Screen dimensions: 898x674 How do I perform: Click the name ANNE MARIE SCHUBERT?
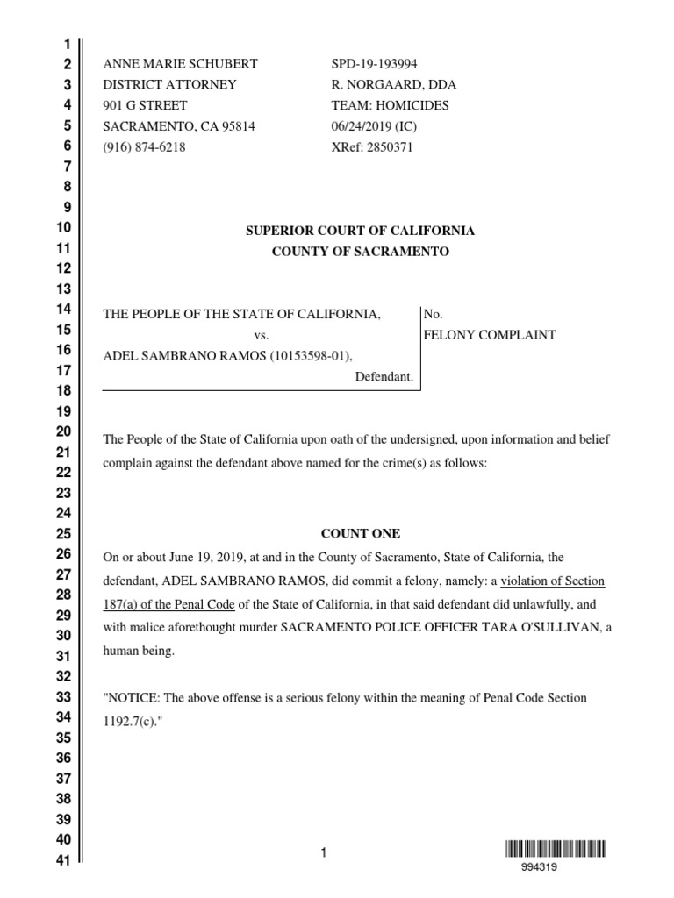point(181,64)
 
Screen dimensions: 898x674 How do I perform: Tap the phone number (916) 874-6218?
point(145,147)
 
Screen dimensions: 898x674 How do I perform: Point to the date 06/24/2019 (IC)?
point(374,126)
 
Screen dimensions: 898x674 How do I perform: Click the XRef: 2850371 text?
point(371,147)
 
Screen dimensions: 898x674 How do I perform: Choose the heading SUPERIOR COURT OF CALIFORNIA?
point(360,231)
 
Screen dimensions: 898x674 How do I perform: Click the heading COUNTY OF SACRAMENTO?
point(360,252)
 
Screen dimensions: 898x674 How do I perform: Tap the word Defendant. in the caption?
point(384,377)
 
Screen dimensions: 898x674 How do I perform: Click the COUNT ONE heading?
point(360,533)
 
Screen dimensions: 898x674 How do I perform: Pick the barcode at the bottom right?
point(556,848)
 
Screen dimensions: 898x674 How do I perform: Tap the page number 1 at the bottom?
point(323,852)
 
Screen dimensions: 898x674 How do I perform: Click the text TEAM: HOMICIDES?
point(390,105)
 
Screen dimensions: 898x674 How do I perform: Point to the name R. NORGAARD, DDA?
point(393,85)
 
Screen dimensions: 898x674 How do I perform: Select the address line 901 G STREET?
point(145,105)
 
